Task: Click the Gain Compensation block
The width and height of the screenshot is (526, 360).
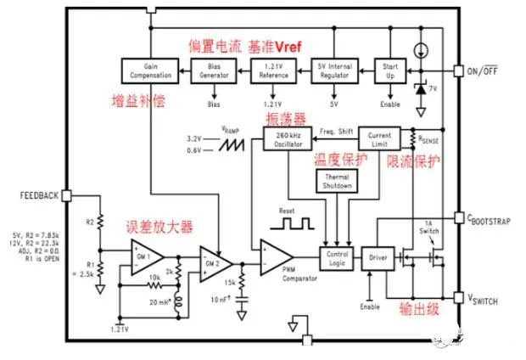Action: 149,70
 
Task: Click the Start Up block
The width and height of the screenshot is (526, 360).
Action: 391,70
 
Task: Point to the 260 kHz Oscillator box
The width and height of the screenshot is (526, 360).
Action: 283,139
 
